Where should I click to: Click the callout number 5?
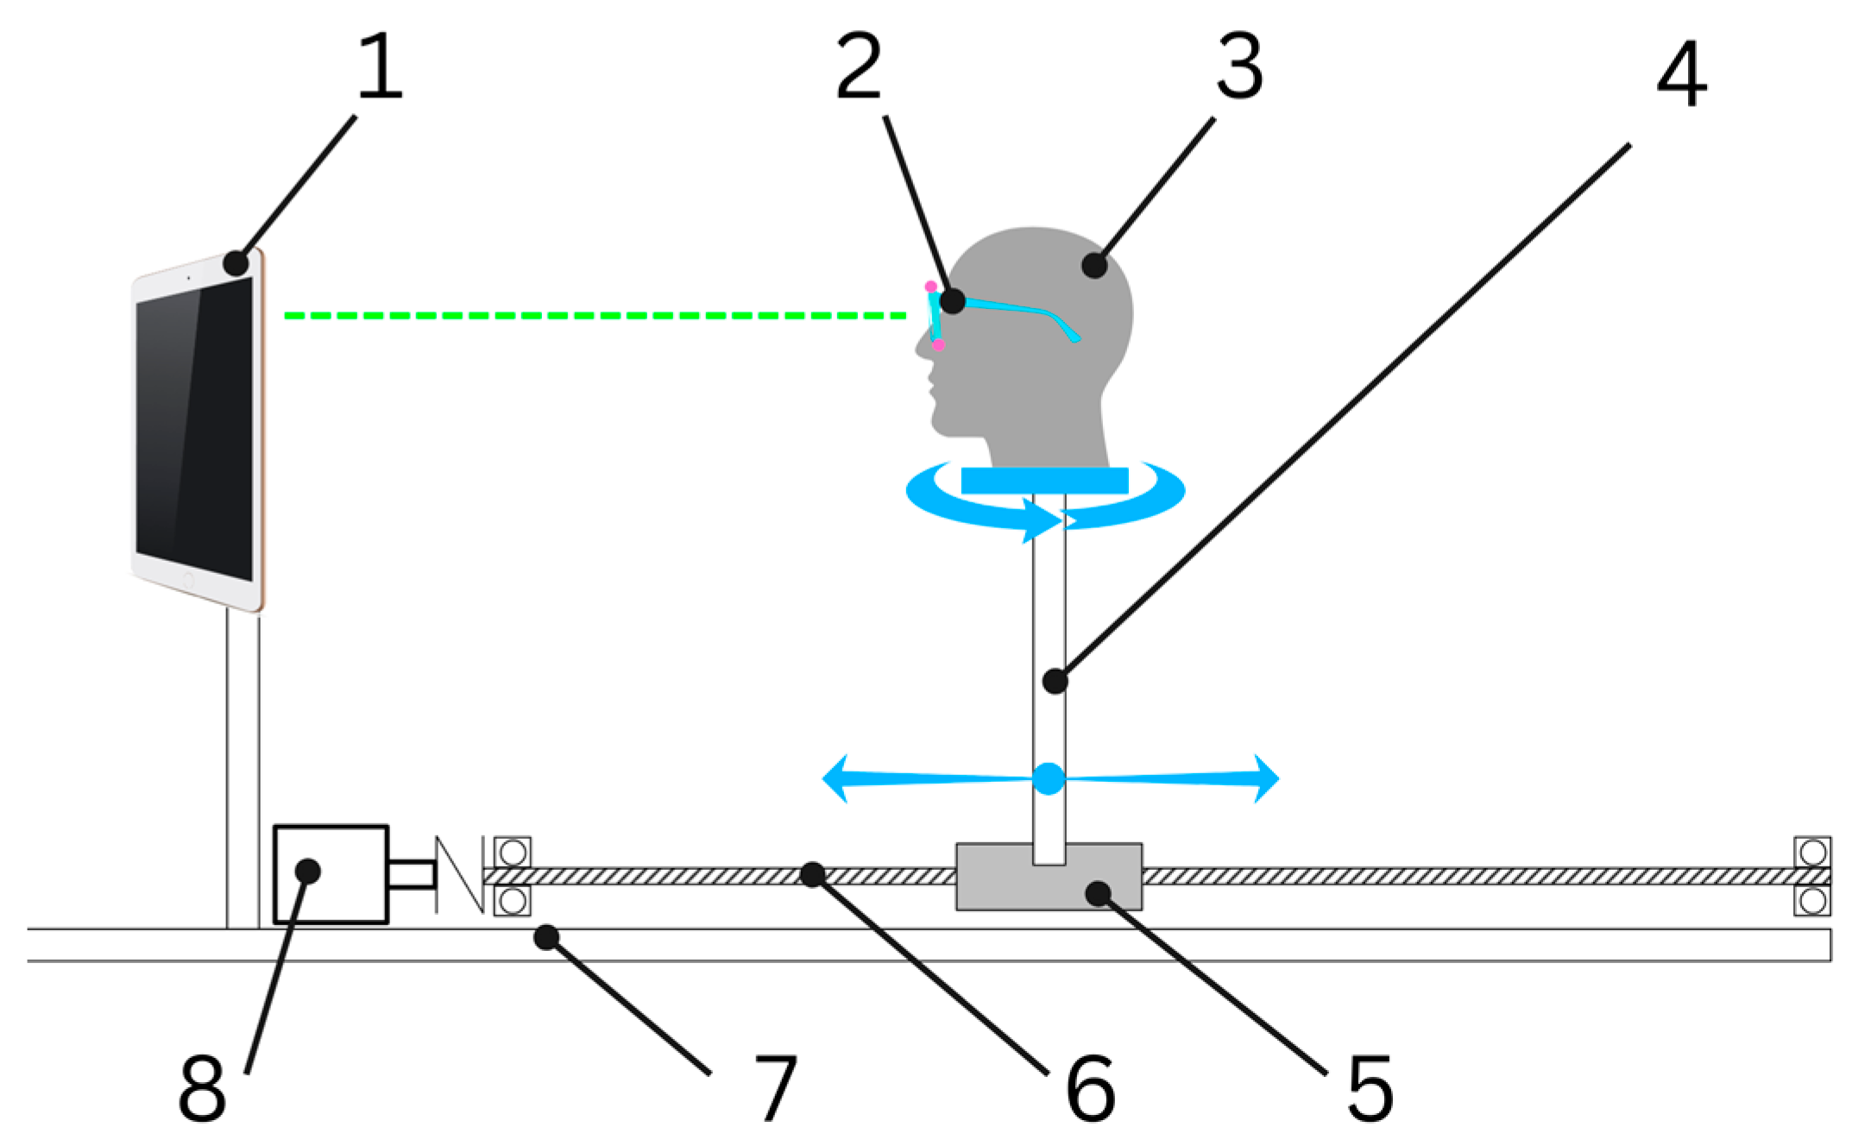click(1370, 1089)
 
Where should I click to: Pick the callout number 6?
click(1091, 1089)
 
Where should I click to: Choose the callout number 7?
click(775, 1089)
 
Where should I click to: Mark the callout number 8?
click(202, 1089)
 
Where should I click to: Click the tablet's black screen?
click(194, 431)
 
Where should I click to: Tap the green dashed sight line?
click(595, 316)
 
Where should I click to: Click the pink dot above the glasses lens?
click(930, 286)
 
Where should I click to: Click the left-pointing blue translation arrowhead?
click(835, 778)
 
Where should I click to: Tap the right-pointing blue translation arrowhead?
click(1266, 778)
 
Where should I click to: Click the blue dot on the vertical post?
click(1049, 778)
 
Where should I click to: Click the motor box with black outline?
click(331, 874)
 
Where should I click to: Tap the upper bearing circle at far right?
click(1812, 853)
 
